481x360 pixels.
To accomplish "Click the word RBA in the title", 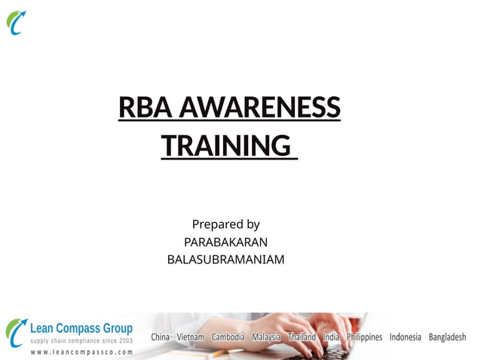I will [x=142, y=108].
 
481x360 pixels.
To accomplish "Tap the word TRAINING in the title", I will [x=226, y=145].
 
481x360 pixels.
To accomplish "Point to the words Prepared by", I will [x=225, y=224].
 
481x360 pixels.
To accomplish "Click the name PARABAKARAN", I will [x=225, y=242].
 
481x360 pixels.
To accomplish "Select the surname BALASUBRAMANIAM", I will [x=225, y=260].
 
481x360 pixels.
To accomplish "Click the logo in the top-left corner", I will [x=17, y=23].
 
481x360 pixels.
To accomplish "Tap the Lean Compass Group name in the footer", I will [x=81, y=328].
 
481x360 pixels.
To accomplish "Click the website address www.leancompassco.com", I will [x=81, y=351].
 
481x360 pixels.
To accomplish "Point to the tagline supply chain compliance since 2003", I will [x=81, y=340].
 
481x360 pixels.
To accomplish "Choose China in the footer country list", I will [x=161, y=337].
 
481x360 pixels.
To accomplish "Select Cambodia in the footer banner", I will [x=228, y=337].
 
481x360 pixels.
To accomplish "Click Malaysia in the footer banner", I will [x=266, y=337].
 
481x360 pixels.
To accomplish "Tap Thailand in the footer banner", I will [x=302, y=337].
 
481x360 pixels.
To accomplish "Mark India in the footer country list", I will [x=331, y=337].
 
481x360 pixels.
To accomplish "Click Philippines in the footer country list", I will [x=364, y=337].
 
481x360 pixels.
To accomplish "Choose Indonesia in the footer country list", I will [x=406, y=337].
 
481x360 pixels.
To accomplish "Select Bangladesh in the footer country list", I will [x=447, y=337].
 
